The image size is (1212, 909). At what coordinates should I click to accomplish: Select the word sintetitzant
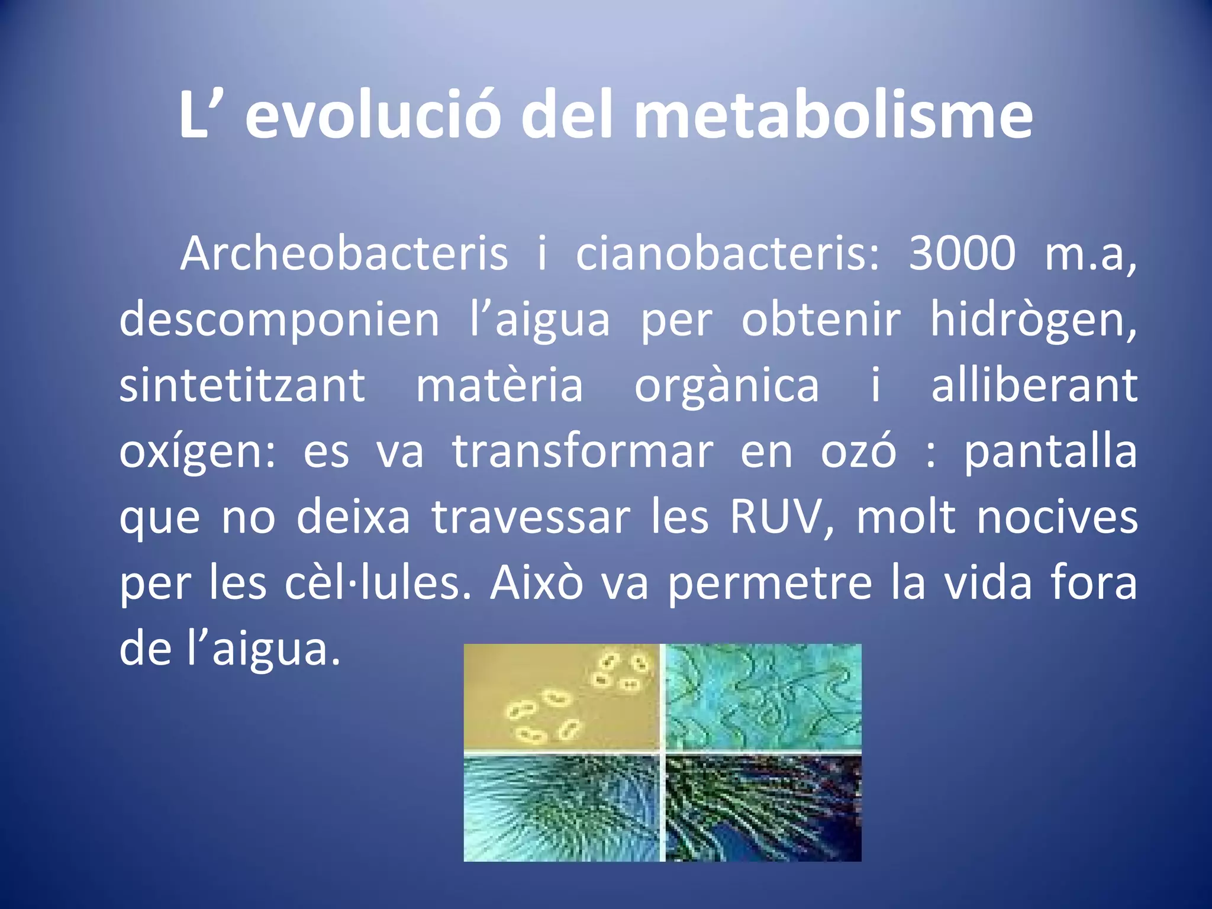click(243, 386)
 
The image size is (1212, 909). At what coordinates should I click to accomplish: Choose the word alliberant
click(1034, 386)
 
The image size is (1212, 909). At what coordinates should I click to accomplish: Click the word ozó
click(858, 452)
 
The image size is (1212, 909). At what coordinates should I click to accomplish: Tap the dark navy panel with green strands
click(763, 808)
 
